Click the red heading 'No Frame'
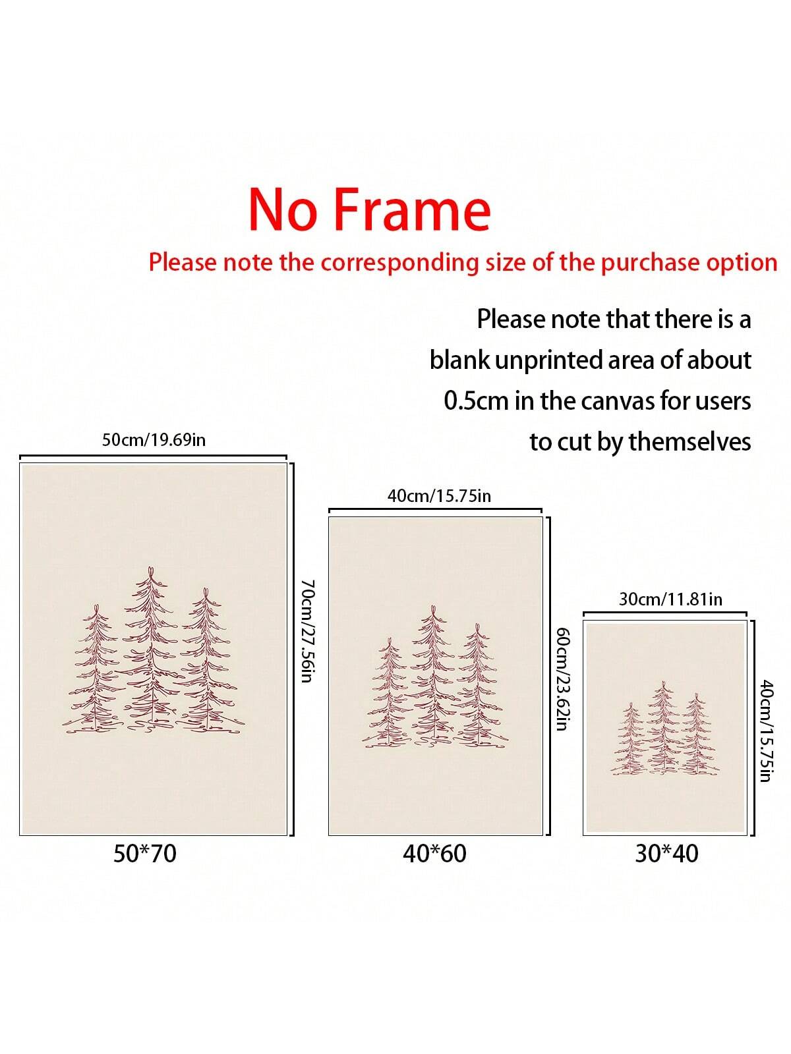click(x=369, y=210)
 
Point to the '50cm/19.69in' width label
click(x=154, y=440)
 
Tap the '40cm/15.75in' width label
click(x=439, y=495)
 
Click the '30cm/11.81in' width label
click(x=670, y=599)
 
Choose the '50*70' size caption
click(x=145, y=853)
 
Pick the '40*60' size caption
click(x=434, y=853)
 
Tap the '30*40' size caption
click(x=666, y=853)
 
